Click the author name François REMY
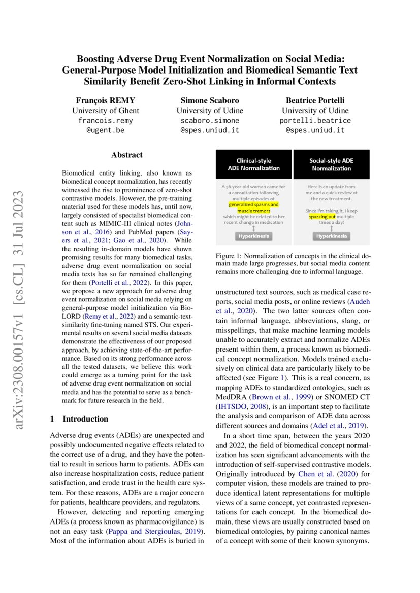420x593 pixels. click(105, 100)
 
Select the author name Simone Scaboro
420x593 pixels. click(210, 100)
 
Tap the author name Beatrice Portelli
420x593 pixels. click(315, 100)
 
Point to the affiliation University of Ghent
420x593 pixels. click(105, 111)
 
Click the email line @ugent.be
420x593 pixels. click(105, 130)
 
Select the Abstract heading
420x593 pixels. click(126, 155)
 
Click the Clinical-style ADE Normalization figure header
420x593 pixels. click(254, 164)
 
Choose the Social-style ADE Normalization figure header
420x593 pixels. click(332, 164)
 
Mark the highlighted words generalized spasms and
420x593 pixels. click(253, 204)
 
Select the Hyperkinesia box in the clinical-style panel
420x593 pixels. click(253, 236)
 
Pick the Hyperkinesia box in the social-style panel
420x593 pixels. click(331, 236)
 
